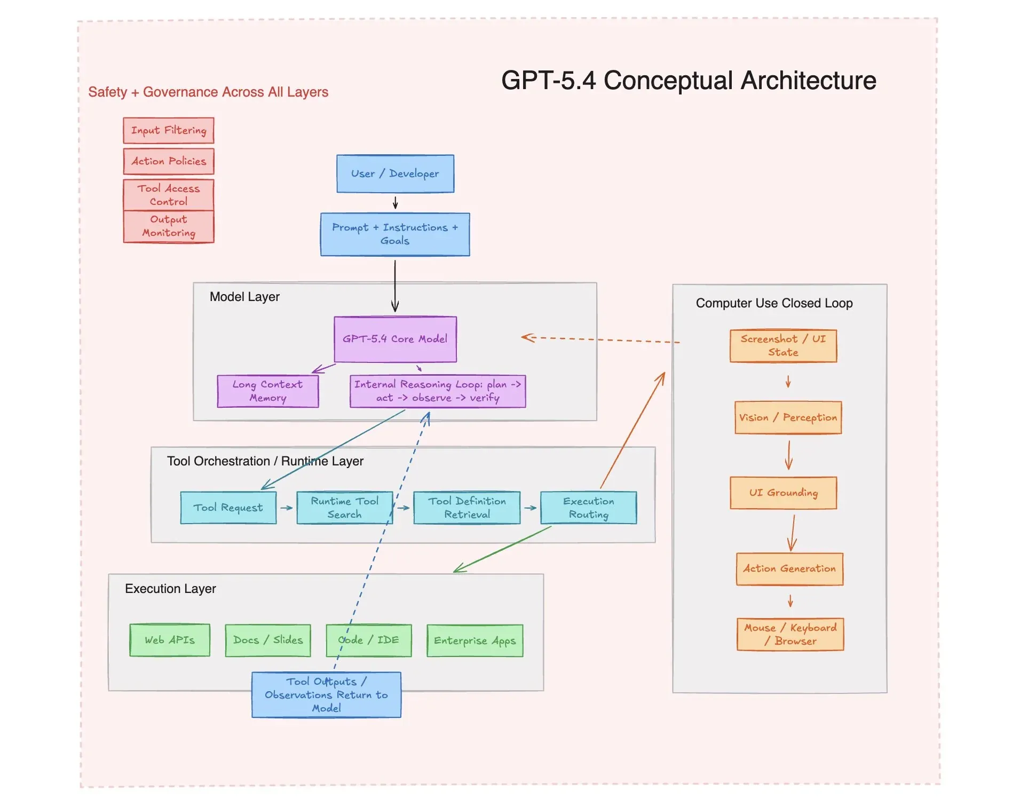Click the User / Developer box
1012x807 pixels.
(x=395, y=173)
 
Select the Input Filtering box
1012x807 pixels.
(x=169, y=130)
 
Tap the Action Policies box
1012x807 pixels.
(x=169, y=161)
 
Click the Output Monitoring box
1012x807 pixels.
(x=169, y=226)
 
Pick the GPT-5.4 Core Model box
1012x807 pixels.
(x=395, y=339)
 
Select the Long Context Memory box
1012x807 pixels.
(x=267, y=391)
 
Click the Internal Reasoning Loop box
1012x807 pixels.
(x=438, y=391)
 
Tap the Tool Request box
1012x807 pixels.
(x=228, y=508)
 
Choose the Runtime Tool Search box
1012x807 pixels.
(x=344, y=508)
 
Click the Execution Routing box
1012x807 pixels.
(x=588, y=508)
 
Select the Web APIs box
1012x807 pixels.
(x=170, y=640)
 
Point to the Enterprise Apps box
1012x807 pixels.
(x=475, y=640)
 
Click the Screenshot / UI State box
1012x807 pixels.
(x=783, y=346)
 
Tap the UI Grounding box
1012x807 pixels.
(x=783, y=493)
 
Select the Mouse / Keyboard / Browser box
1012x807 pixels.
(x=790, y=634)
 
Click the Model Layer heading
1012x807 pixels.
(x=244, y=297)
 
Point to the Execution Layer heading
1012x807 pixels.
(x=170, y=589)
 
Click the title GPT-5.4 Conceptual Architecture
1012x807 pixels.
(x=689, y=81)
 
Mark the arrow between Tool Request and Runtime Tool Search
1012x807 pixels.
(x=287, y=508)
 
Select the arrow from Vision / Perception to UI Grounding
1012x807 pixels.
(x=789, y=455)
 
